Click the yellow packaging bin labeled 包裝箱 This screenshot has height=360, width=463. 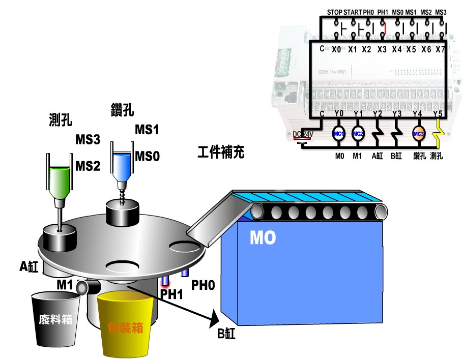click(x=126, y=325)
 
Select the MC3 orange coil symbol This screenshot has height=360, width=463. click(x=418, y=134)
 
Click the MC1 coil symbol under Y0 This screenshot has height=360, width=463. click(x=339, y=134)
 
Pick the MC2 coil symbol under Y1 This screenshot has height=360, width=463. click(x=358, y=134)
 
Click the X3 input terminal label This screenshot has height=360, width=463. click(x=382, y=49)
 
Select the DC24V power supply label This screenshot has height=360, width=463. click(x=303, y=134)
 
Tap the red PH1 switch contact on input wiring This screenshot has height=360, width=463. click(x=385, y=26)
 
